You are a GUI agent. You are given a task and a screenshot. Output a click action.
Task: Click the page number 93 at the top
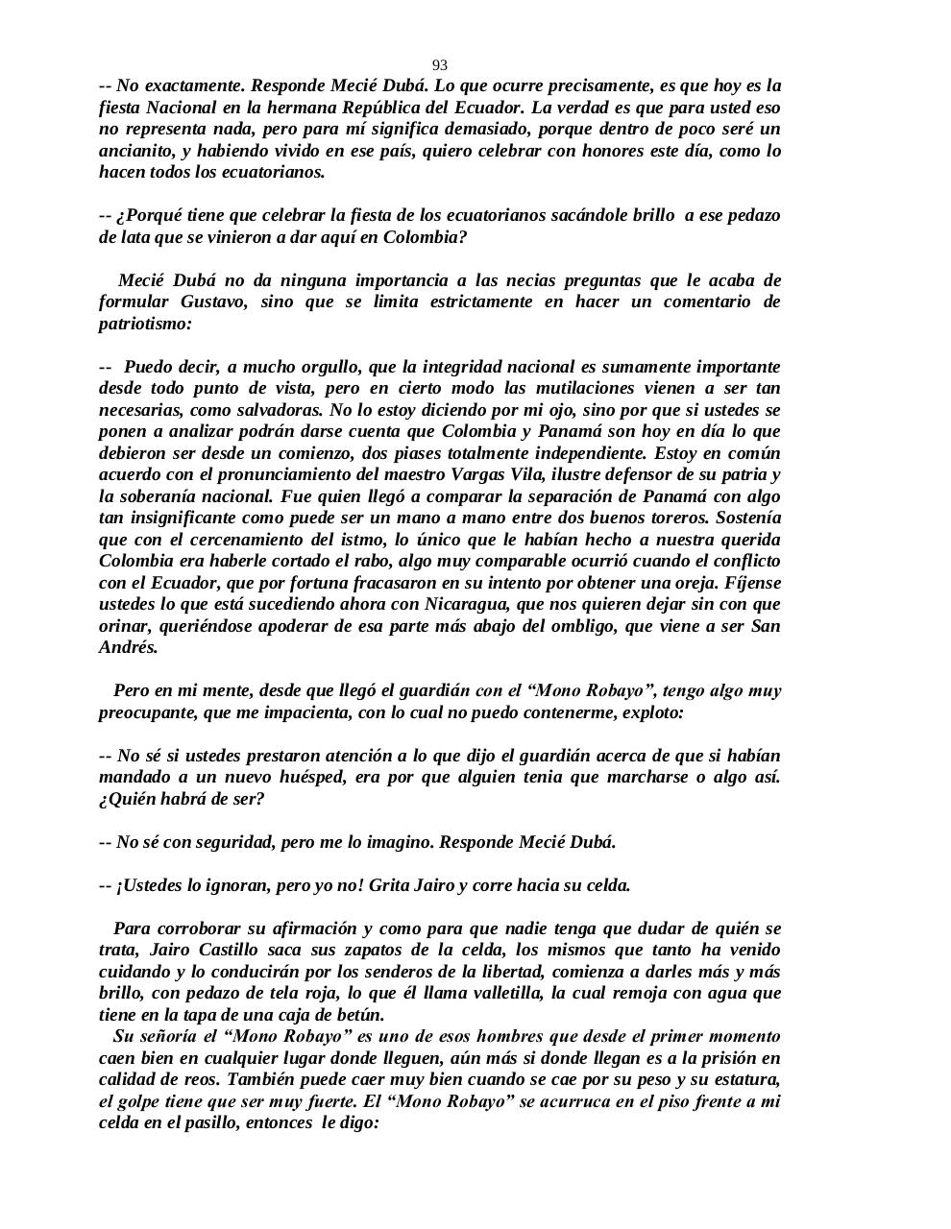click(439, 65)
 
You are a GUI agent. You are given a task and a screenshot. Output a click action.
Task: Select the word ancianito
click(134, 151)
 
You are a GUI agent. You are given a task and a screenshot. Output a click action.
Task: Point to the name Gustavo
click(215, 301)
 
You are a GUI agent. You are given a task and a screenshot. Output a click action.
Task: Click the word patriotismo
click(145, 324)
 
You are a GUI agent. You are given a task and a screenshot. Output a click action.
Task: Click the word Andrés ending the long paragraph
click(128, 647)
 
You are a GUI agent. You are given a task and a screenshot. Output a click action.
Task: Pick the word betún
click(360, 1015)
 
